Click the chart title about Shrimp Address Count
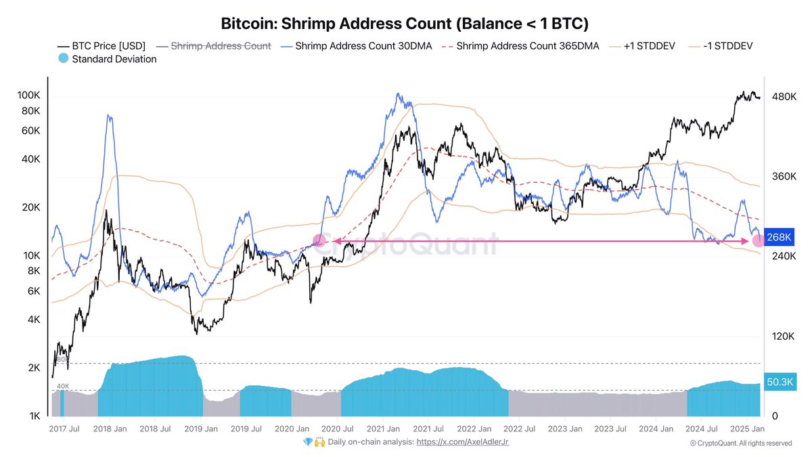[x=405, y=23]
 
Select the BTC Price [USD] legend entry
[x=102, y=46]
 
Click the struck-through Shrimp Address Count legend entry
[x=221, y=46]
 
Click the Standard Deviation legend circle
[x=63, y=59]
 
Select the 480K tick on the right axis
[x=780, y=97]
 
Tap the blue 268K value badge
[x=778, y=238]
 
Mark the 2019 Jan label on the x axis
[x=200, y=429]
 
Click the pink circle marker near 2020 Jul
[x=319, y=240]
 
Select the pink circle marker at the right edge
[x=759, y=240]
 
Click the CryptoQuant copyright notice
[x=740, y=443]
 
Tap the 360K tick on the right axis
[x=780, y=177]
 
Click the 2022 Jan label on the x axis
[x=475, y=429]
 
